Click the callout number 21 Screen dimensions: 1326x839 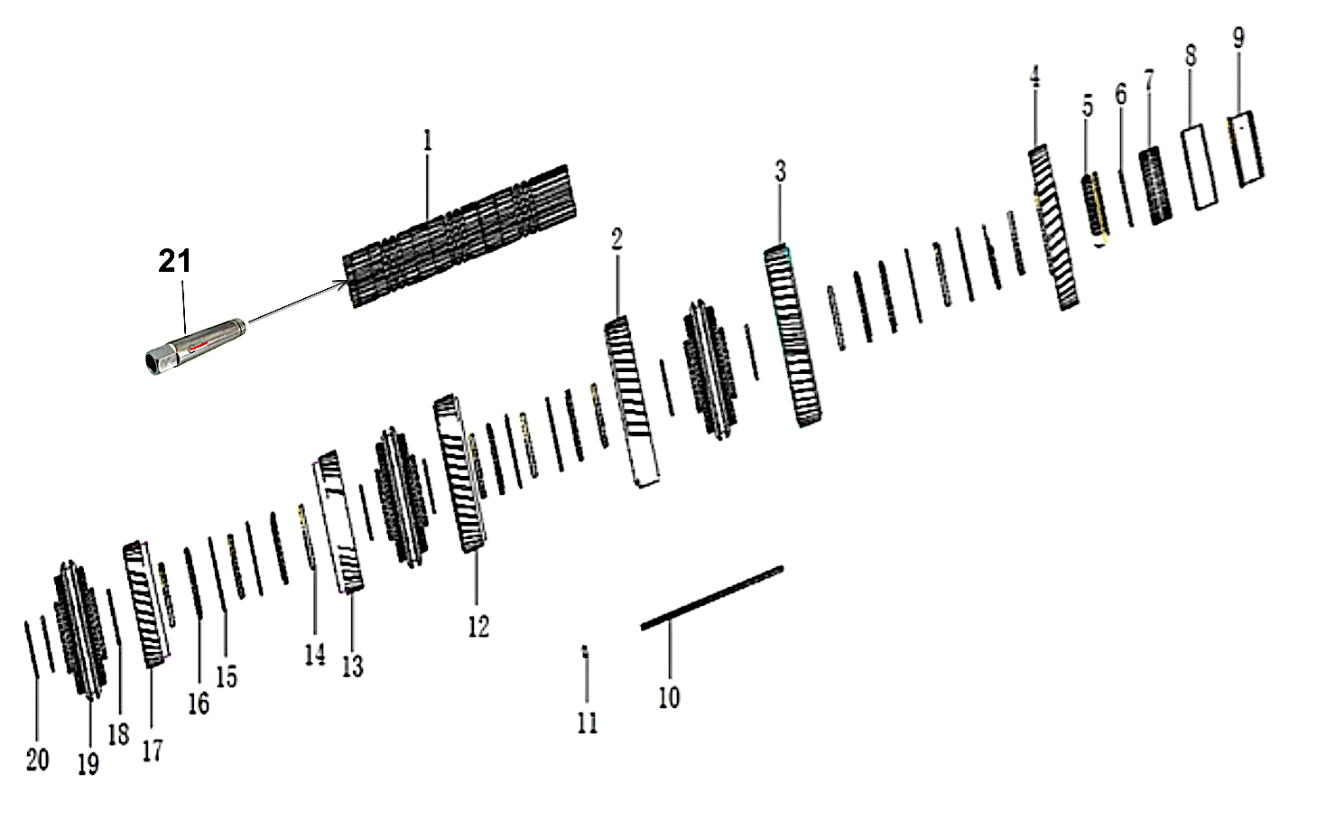175,261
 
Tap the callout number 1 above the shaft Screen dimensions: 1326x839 428,141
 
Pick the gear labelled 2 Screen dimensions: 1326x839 632,402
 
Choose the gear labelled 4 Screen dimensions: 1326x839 1053,230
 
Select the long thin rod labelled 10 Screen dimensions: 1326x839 711,597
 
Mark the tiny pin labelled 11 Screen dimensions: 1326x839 585,653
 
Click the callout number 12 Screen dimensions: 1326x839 478,626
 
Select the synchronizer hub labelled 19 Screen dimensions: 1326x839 81,629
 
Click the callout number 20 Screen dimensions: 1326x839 37,760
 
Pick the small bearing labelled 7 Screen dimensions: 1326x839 1155,186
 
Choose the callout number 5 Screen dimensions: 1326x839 1088,106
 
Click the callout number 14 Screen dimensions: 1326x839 314,653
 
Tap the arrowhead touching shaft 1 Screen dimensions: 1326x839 344,284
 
